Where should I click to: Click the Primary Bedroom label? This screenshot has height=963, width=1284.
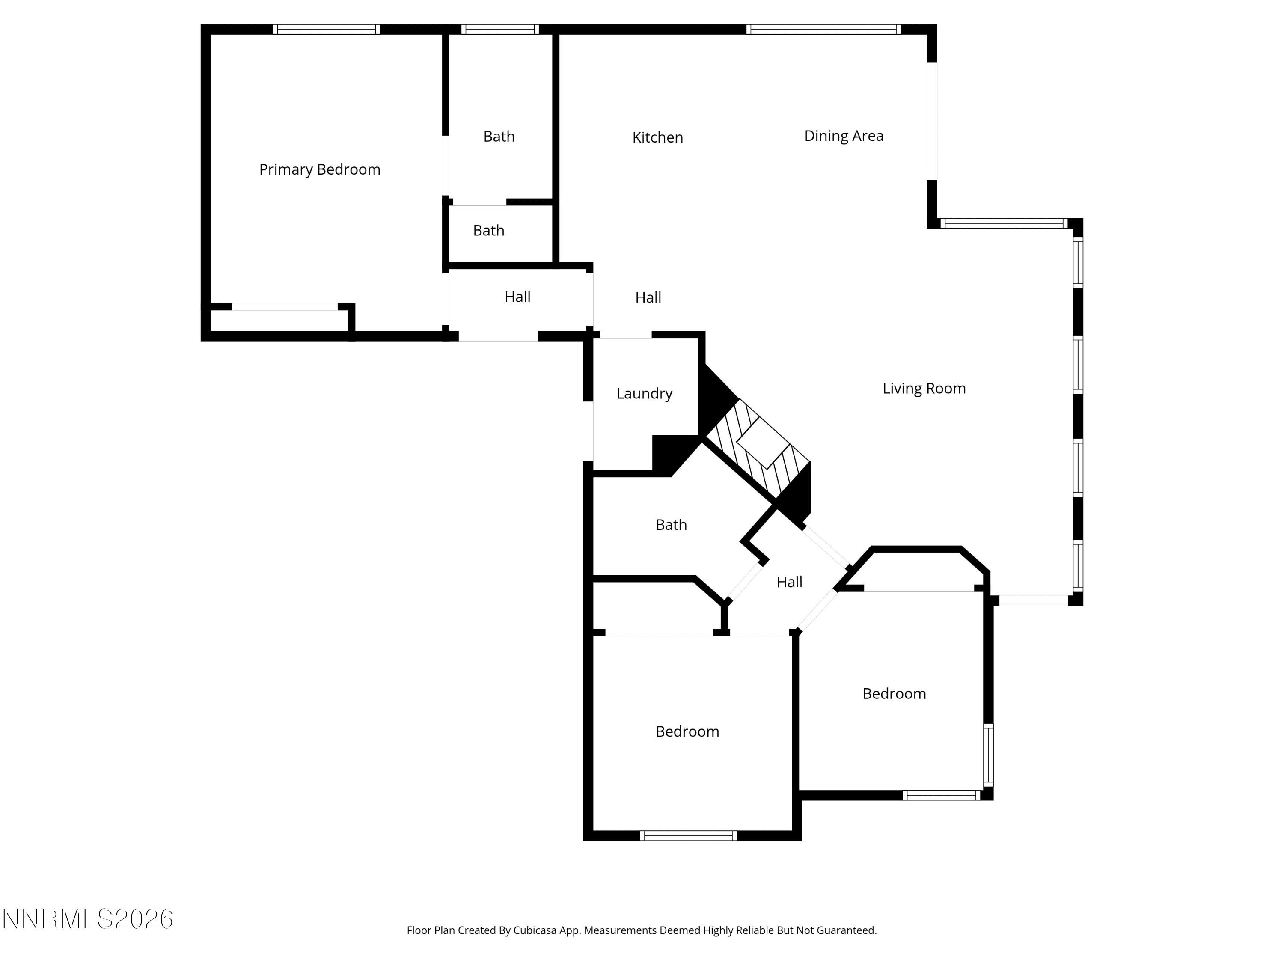(320, 169)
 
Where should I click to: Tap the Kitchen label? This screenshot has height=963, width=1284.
(658, 137)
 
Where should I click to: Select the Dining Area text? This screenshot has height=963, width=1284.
(844, 136)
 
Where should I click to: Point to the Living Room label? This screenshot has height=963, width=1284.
(924, 388)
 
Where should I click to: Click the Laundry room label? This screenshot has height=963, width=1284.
(644, 394)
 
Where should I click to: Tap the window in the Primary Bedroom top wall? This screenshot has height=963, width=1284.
(327, 30)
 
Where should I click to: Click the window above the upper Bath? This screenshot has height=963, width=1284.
(500, 30)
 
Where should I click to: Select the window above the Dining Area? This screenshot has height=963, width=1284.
(824, 30)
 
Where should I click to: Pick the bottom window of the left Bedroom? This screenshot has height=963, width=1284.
(688, 836)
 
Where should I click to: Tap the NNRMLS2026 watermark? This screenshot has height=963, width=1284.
(88, 919)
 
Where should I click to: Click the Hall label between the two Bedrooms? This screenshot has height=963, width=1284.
(789, 582)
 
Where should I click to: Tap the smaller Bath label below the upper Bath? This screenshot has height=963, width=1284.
(489, 230)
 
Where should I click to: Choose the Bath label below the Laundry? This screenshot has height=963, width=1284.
(671, 525)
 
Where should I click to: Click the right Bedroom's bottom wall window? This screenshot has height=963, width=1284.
(942, 795)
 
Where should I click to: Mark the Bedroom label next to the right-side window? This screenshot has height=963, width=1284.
(895, 694)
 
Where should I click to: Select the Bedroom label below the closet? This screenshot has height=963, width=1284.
(687, 731)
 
